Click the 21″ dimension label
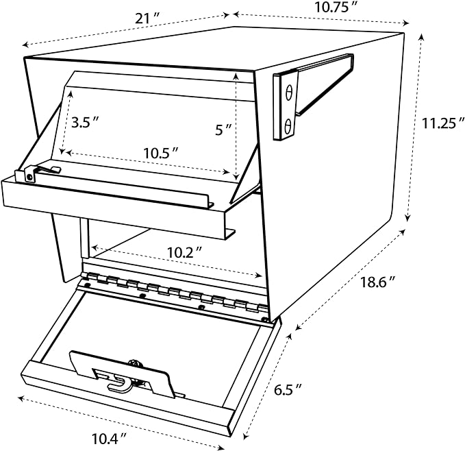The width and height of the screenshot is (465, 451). click(x=147, y=19)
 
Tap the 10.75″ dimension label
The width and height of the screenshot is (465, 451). click(x=336, y=8)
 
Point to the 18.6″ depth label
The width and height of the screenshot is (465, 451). click(x=377, y=282)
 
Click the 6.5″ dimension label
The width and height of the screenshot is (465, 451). click(x=288, y=389)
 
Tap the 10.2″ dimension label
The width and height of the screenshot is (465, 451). click(x=184, y=253)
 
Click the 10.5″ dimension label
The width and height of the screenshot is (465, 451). click(x=161, y=153)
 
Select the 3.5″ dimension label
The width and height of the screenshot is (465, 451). click(x=85, y=122)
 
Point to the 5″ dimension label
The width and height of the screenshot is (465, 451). click(x=223, y=130)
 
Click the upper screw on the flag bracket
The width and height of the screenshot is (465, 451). click(x=288, y=93)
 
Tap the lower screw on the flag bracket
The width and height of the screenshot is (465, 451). click(x=288, y=126)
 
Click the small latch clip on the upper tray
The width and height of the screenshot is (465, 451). click(x=38, y=173)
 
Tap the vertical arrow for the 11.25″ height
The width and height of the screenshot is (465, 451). click(x=414, y=127)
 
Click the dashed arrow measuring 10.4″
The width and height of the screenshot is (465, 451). click(x=121, y=422)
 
